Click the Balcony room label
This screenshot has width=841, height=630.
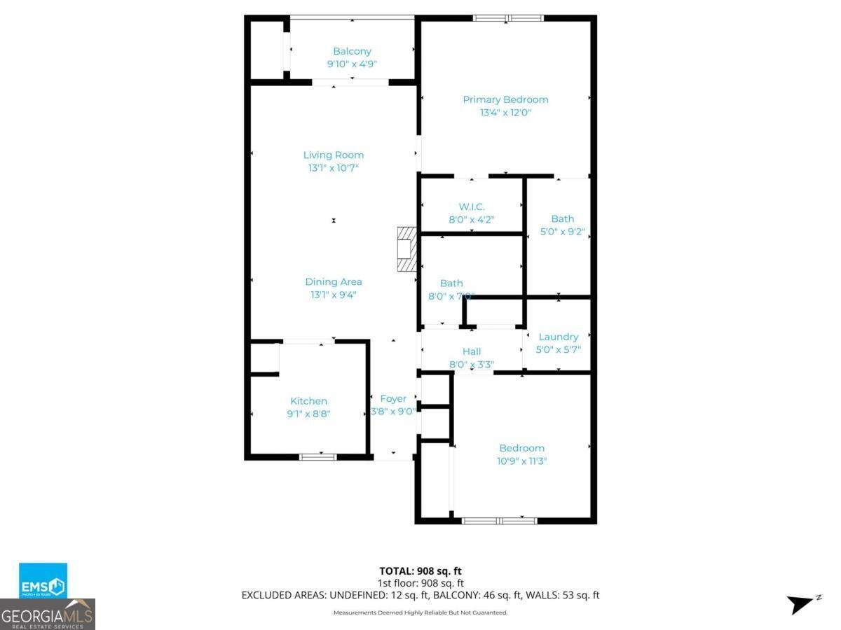coord(352,51)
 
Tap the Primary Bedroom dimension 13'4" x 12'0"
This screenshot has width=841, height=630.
coord(505,112)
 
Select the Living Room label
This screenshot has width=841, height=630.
coord(334,155)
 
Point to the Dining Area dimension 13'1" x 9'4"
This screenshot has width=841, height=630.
coord(334,295)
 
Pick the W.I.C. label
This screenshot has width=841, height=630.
coord(472,206)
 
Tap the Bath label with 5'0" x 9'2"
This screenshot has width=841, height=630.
coord(562,218)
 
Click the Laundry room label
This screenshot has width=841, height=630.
coord(559,337)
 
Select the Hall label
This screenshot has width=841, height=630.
coord(472,351)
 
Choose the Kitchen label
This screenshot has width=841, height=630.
coord(308,401)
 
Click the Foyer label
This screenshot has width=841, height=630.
coord(393,398)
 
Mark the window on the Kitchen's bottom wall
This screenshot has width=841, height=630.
coord(317,457)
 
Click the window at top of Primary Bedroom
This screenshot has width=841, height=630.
coord(508,18)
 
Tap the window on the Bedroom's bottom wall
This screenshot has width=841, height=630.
coord(499,520)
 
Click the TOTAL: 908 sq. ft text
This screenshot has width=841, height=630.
coord(420,570)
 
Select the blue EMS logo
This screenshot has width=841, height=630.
coord(43,580)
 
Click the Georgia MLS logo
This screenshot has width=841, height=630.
coord(48,615)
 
